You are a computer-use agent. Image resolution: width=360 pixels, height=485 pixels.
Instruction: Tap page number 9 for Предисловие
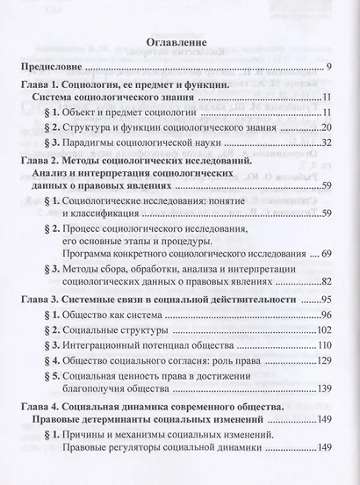pos(327,68)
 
